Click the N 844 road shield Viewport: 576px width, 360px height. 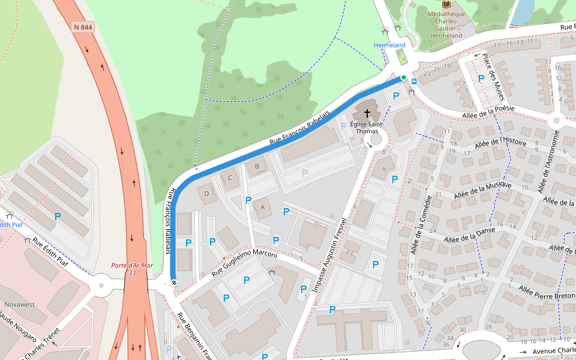click(x=83, y=27)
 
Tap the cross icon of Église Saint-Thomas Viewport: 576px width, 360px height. click(x=367, y=113)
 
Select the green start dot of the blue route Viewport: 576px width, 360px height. click(x=404, y=77)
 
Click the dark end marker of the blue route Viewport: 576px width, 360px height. click(x=174, y=283)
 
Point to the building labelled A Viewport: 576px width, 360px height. click(x=262, y=207)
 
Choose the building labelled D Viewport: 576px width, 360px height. click(x=207, y=193)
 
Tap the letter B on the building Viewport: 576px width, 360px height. click(x=257, y=166)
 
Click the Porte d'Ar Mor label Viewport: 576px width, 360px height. click(x=132, y=266)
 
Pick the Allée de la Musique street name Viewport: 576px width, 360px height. click(x=483, y=190)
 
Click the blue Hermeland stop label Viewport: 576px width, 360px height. click(x=389, y=45)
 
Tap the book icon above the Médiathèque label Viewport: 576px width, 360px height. click(x=446, y=4)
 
